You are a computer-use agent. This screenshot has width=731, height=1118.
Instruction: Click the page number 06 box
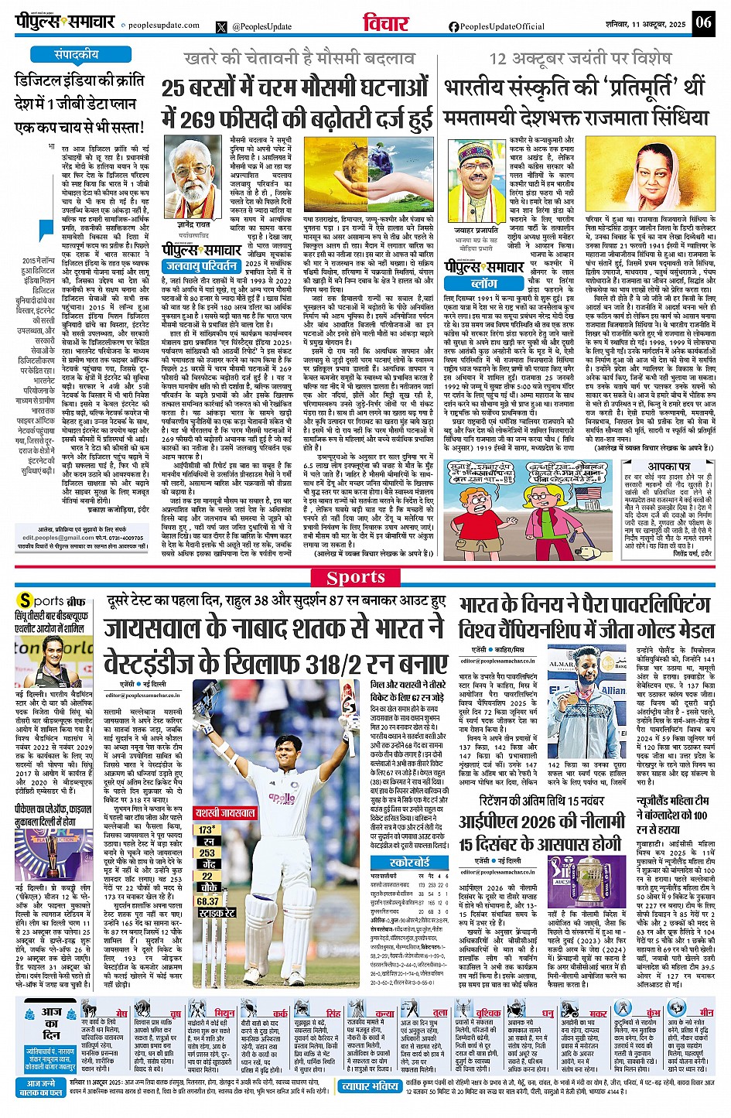703,22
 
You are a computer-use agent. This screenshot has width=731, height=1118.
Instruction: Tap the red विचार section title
386,23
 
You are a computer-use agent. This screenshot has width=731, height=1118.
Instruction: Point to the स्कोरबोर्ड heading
410,861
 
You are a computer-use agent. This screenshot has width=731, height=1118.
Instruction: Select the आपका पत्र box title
668,467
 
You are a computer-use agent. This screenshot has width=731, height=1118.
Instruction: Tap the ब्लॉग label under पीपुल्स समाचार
483,284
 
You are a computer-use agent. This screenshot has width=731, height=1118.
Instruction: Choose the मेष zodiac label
121,1014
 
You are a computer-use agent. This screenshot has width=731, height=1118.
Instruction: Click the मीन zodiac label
706,1013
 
